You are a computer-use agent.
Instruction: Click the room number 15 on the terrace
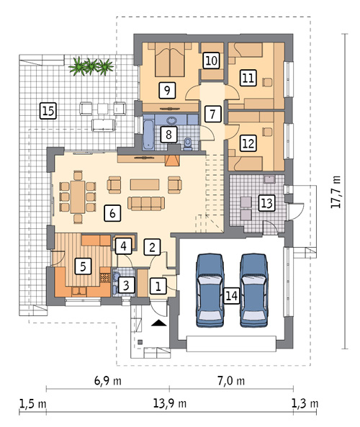click(x=48, y=111)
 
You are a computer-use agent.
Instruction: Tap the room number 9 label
click(x=167, y=90)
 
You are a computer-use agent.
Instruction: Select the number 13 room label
click(x=266, y=203)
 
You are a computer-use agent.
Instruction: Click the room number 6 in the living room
click(x=112, y=213)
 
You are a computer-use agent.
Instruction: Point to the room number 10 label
click(x=211, y=60)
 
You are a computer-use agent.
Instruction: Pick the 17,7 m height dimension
click(x=336, y=192)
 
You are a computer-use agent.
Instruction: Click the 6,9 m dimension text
click(x=108, y=380)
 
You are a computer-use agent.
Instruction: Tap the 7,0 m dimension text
click(x=231, y=380)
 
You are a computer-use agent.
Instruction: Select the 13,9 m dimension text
click(x=170, y=403)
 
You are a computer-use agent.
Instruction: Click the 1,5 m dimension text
click(x=32, y=404)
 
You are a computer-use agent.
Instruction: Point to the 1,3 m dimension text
click(x=305, y=403)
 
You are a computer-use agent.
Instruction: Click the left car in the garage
click(x=210, y=290)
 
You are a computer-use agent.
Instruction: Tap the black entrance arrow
click(x=158, y=323)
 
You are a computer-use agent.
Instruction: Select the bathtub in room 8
click(x=148, y=132)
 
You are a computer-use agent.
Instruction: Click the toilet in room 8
click(x=188, y=144)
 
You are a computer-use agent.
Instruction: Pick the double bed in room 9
click(x=170, y=59)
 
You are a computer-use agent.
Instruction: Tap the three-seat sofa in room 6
click(x=146, y=204)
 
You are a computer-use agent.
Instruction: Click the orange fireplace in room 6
click(x=172, y=161)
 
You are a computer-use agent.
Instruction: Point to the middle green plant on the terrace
click(x=91, y=66)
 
